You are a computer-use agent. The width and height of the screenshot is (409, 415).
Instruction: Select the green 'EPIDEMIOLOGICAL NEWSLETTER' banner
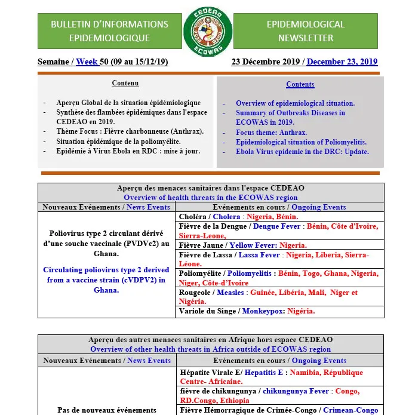click(x=305, y=31)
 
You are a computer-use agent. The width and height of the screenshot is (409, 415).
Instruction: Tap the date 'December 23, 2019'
click(x=342, y=62)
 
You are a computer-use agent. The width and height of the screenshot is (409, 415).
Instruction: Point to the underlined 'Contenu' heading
click(x=125, y=83)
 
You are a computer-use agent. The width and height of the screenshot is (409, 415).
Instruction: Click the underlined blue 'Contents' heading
click(x=300, y=84)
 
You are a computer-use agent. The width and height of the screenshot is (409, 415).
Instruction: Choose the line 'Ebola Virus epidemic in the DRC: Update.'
click(x=302, y=152)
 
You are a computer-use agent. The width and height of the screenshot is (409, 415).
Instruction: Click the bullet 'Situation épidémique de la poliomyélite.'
click(x=118, y=142)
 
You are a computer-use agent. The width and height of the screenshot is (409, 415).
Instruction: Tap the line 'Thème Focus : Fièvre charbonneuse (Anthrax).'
click(x=130, y=131)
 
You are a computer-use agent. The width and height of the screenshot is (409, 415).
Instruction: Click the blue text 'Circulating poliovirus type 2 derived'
click(x=106, y=270)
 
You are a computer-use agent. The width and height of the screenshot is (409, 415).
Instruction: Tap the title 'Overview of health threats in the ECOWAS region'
click(x=211, y=198)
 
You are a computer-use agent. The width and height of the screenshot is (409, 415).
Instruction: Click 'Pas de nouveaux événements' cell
click(x=107, y=410)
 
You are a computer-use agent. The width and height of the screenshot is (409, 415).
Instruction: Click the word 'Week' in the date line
click(x=87, y=62)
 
